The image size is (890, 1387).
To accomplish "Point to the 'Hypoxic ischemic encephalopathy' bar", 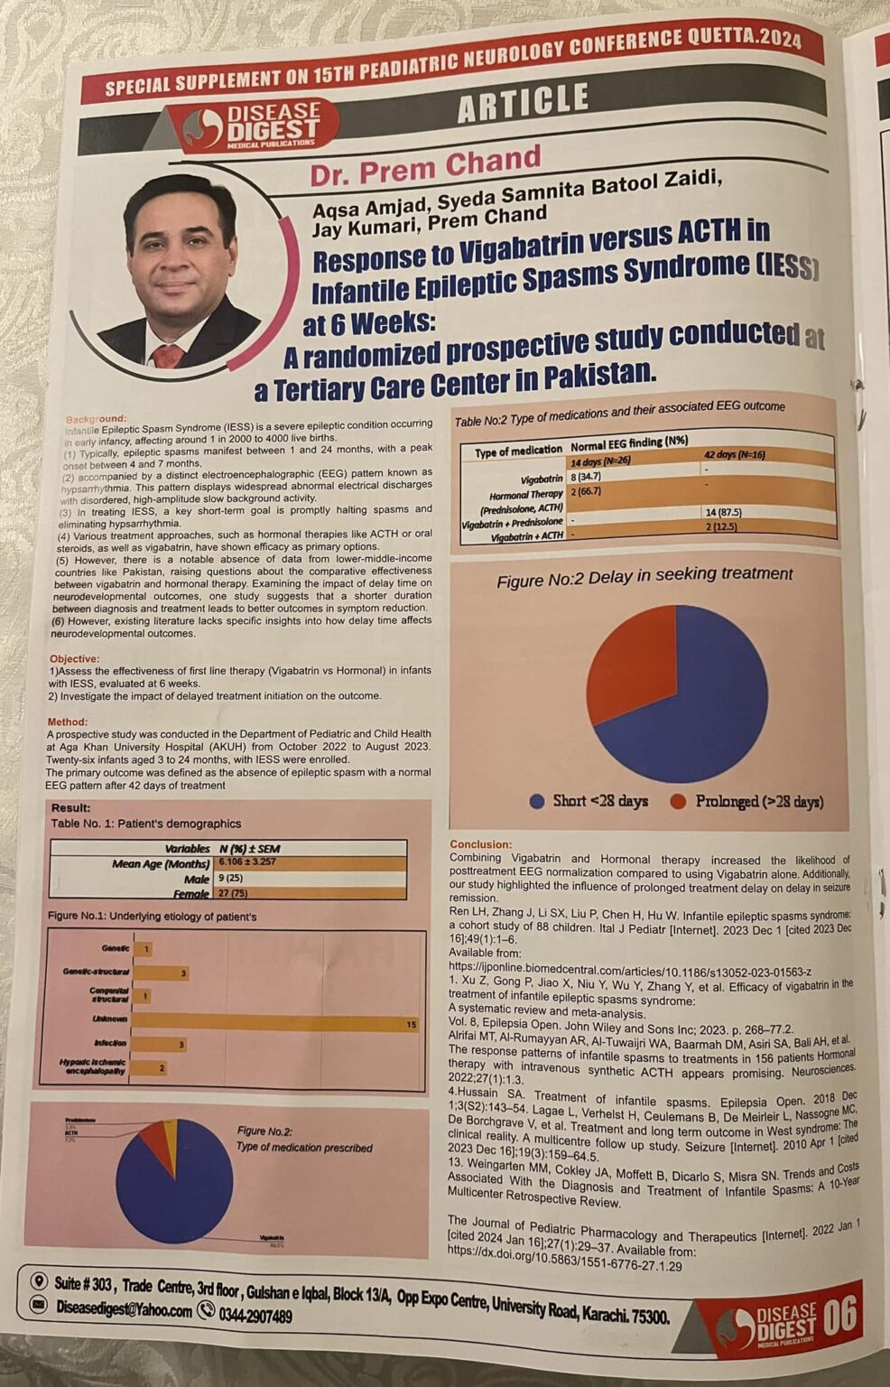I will (150, 1068).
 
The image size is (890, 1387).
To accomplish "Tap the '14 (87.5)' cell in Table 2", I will (723, 512).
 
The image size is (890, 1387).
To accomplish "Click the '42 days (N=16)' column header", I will (735, 455).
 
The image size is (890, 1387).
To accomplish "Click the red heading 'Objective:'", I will (74, 659).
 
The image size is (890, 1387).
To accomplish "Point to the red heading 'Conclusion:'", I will (480, 844).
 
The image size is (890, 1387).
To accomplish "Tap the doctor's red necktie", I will (167, 354).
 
